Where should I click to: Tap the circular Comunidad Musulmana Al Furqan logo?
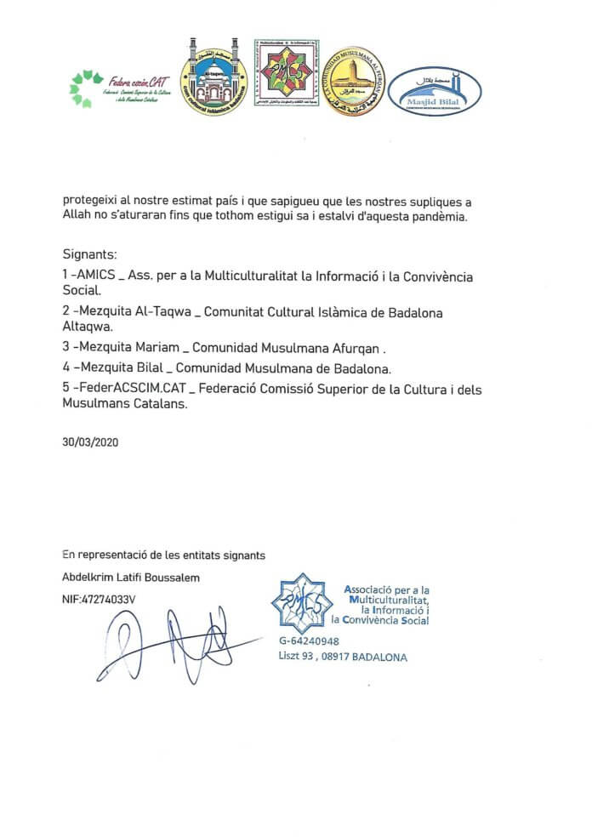point(354,83)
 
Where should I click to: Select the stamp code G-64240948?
point(309,641)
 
